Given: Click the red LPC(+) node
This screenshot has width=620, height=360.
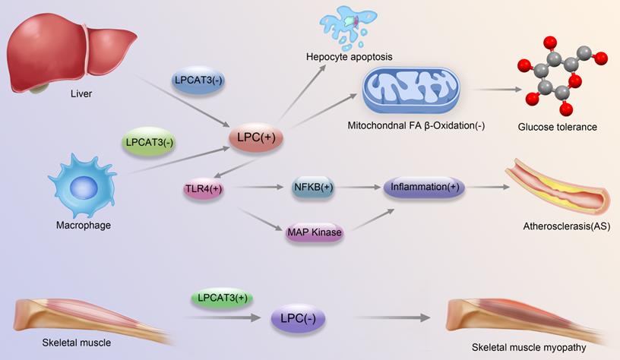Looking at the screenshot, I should point(256,137).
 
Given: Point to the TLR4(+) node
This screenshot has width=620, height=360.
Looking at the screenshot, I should point(202,188).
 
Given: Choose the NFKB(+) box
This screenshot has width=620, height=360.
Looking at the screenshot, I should point(312,188).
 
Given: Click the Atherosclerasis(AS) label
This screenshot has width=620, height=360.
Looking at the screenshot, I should point(567,226).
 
